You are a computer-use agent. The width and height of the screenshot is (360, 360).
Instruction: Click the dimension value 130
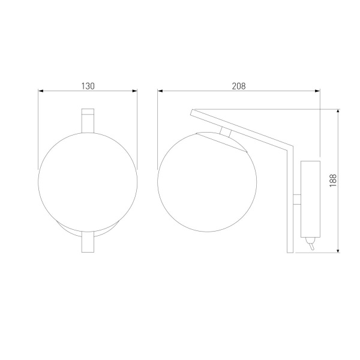pyautogui.click(x=88, y=86)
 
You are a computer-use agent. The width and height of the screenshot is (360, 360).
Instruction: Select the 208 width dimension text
pyautogui.click(x=238, y=86)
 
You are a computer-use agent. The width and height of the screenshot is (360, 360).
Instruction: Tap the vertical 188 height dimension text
pyautogui.click(x=333, y=180)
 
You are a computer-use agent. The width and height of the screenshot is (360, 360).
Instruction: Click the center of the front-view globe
pyautogui.click(x=88, y=170)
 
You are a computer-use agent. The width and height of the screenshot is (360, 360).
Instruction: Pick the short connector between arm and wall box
pyautogui.click(x=296, y=200)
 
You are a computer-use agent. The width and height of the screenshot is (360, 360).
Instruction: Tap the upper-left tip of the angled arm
pyautogui.click(x=191, y=112)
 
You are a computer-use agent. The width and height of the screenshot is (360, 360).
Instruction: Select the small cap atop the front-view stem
pyautogui.click(x=88, y=112)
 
